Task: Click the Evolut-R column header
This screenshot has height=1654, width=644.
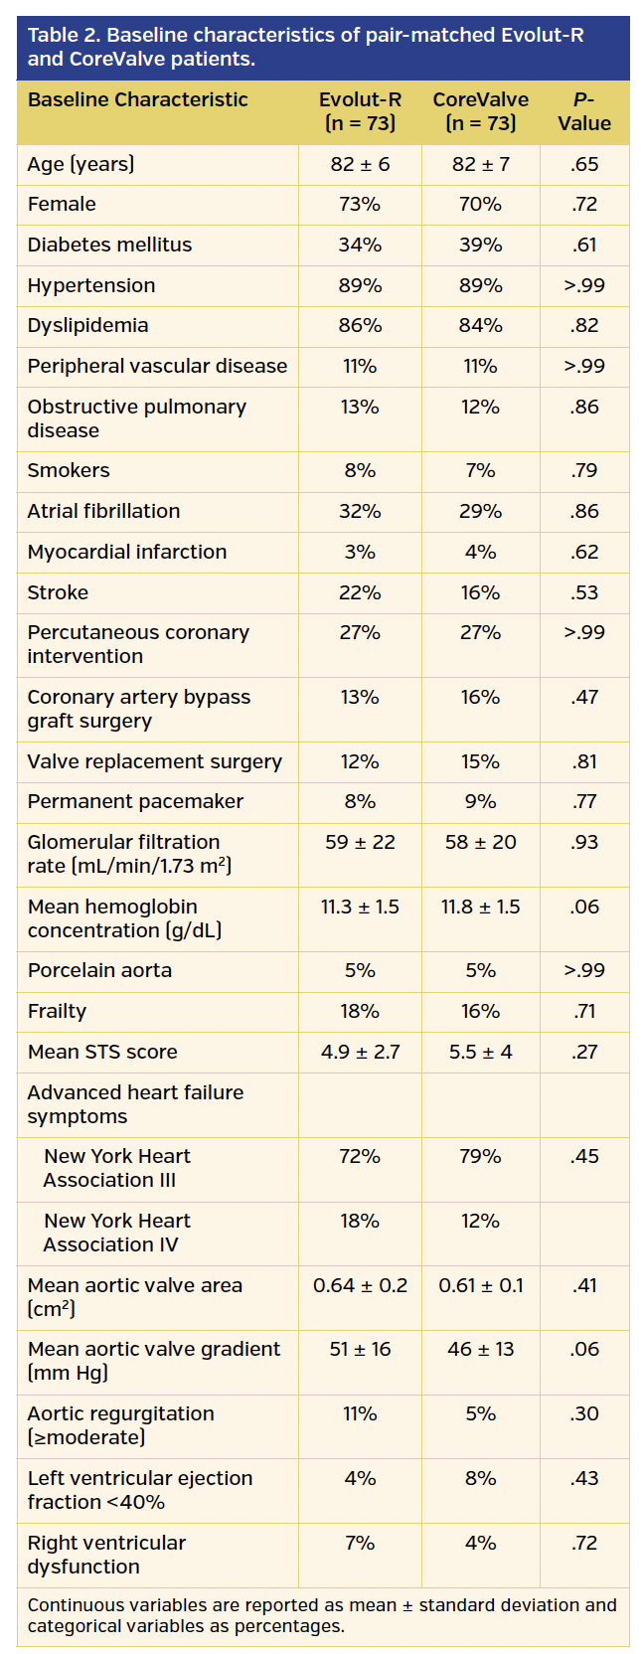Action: tap(360, 111)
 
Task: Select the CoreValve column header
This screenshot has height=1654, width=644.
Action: tap(480, 111)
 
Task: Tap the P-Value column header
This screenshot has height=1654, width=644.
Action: tap(584, 111)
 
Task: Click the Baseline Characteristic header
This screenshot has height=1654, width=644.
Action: tap(138, 99)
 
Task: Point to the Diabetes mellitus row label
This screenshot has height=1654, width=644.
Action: tap(109, 245)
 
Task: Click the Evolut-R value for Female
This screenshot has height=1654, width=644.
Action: tap(360, 204)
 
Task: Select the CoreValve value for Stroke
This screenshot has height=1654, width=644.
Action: tap(480, 592)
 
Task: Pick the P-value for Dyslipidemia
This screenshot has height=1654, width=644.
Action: tap(584, 325)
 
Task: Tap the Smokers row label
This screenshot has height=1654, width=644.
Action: tap(69, 470)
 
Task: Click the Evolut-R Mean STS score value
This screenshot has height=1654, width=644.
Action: tap(360, 1052)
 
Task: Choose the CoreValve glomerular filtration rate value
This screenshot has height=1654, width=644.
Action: tap(480, 842)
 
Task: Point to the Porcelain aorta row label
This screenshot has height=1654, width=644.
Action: tap(99, 970)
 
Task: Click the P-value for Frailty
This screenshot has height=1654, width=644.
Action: tap(584, 1011)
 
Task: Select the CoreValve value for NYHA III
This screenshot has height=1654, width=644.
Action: tap(480, 1156)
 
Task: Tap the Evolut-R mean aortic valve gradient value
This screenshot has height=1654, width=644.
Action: tap(360, 1349)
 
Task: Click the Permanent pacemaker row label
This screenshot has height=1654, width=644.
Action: tap(135, 801)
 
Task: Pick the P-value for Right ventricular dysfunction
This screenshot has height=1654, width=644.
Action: tap(584, 1543)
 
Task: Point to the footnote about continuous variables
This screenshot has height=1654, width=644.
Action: tap(322, 1615)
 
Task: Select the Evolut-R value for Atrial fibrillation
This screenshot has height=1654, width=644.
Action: tap(360, 511)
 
